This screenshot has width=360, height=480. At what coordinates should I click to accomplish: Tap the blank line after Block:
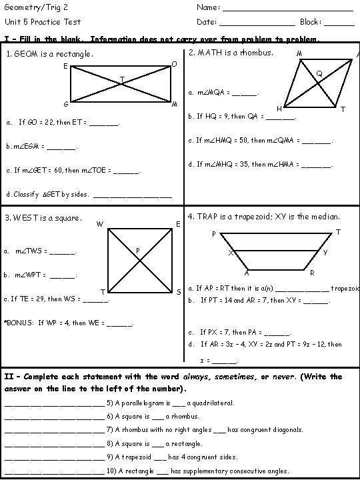341,24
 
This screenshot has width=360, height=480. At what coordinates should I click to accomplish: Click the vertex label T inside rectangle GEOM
121,80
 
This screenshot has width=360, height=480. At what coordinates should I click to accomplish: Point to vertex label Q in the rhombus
319,73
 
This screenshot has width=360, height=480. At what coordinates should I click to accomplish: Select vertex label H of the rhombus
279,109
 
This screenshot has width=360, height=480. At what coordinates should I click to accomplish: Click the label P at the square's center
137,251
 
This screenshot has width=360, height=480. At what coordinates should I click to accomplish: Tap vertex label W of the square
99,223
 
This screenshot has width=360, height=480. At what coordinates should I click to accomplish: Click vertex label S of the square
179,292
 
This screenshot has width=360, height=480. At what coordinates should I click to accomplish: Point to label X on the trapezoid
230,253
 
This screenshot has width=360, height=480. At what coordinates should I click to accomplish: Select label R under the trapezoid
312,273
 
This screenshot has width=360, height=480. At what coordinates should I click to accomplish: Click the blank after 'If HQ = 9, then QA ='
280,118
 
